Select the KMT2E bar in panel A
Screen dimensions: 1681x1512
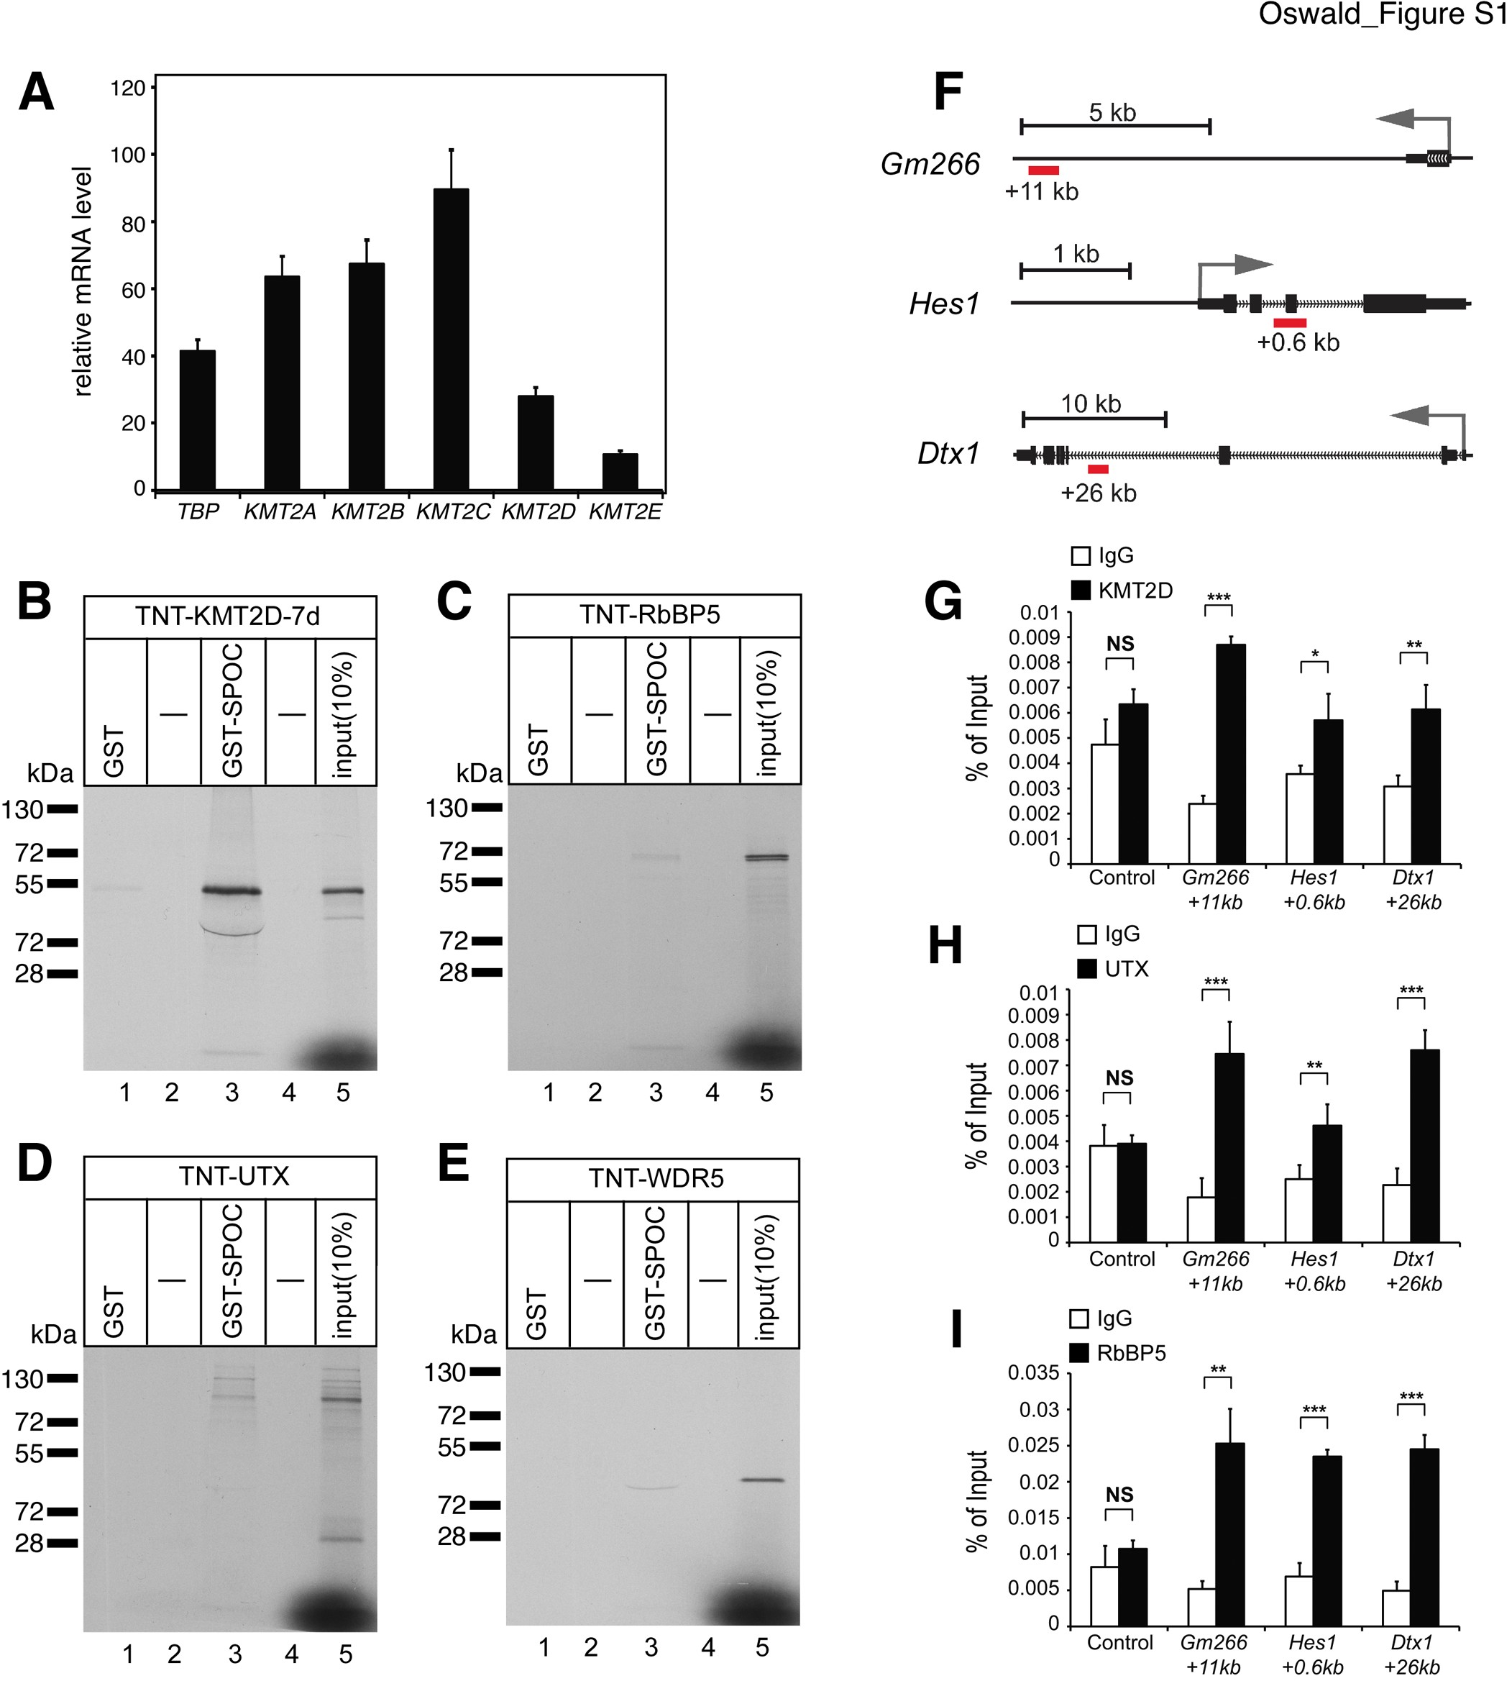coord(620,471)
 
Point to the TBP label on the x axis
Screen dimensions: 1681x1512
coord(198,512)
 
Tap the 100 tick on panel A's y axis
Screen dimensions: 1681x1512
coord(128,155)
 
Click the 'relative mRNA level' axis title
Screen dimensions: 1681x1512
coord(82,281)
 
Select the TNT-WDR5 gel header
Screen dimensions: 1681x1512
coord(656,1178)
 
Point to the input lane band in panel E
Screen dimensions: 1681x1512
coord(762,1480)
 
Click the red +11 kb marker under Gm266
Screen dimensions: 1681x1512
coord(1043,170)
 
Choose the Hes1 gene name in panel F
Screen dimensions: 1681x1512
coord(945,304)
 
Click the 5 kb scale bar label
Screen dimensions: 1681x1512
coord(1112,112)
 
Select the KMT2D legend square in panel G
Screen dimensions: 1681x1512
coord(1081,590)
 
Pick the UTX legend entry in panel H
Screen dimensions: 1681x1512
coord(1126,969)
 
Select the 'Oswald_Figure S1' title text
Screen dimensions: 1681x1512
coord(1382,15)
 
